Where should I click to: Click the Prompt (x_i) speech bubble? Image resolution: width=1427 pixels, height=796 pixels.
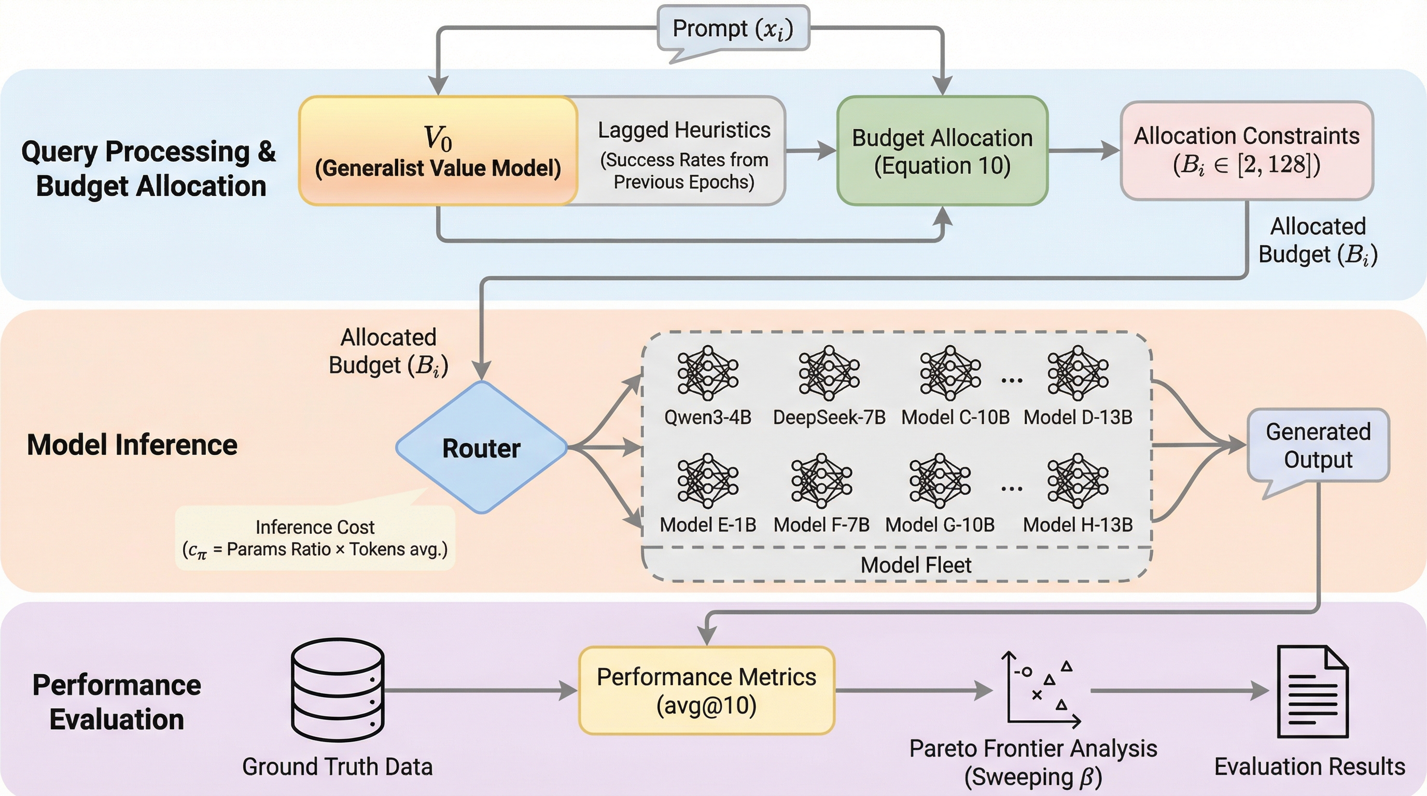click(733, 29)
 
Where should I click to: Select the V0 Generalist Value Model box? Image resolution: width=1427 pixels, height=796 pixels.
click(438, 151)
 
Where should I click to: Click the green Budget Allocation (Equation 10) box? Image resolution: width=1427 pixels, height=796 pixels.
click(942, 151)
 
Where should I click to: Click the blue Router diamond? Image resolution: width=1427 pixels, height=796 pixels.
click(481, 447)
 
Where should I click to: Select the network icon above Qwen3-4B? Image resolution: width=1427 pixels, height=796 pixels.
click(707, 373)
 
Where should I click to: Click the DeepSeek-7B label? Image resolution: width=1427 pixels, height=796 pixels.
click(829, 417)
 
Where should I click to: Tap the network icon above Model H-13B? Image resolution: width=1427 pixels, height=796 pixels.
click(1078, 480)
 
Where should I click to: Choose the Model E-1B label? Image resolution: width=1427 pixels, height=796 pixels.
click(707, 525)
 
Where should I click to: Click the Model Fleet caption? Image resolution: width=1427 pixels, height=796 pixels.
click(916, 565)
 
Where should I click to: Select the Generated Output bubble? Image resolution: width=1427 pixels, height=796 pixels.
click(1318, 446)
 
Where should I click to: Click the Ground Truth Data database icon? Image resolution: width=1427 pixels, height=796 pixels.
click(338, 690)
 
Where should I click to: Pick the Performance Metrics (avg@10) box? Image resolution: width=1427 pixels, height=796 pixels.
click(706, 691)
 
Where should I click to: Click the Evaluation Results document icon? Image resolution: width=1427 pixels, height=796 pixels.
click(1312, 692)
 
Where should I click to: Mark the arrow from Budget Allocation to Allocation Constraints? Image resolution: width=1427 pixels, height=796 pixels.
click(1083, 150)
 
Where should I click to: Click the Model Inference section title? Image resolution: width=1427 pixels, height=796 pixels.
click(132, 445)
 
